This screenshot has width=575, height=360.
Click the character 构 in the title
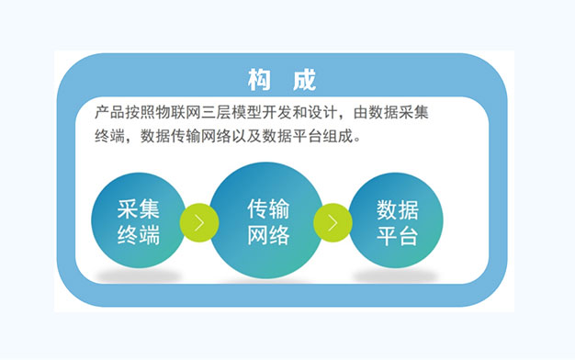259,80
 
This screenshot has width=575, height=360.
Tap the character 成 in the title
304,80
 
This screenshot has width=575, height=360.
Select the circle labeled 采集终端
139,220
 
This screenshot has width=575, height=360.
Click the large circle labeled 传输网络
266,220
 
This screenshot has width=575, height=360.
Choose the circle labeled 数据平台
396,220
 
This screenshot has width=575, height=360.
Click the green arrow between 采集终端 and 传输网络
199,222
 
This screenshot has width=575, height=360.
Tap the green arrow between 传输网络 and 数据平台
333,222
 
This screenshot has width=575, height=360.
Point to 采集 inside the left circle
139,209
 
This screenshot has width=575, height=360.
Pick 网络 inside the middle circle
268,235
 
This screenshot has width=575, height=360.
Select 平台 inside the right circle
398,236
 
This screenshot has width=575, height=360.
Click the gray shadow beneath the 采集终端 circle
139,276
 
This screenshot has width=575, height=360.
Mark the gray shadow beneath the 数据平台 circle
396,276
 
